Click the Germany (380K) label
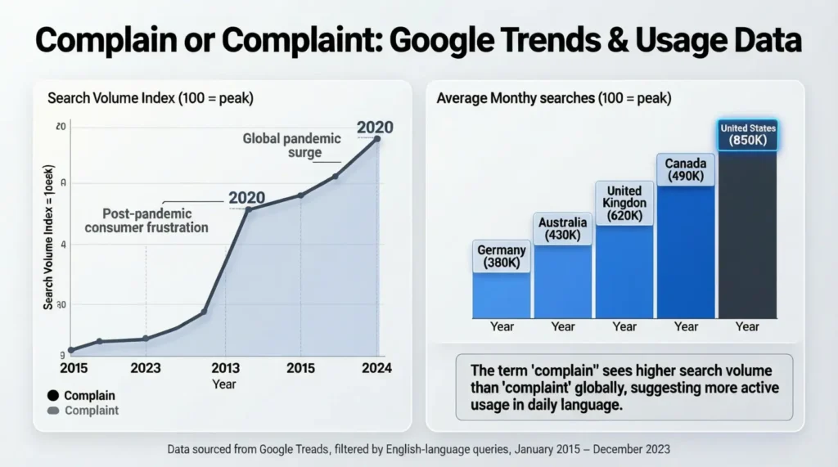502,257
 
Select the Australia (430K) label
563,228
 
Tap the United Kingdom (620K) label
624,203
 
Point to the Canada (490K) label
686,170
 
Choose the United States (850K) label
748,135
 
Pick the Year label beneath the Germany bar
502,326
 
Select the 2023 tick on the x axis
146,368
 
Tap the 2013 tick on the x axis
225,368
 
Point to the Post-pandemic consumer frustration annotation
146,220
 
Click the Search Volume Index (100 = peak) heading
151,98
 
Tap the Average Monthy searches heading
553,98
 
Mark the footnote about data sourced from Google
418,449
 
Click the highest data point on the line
377,139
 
